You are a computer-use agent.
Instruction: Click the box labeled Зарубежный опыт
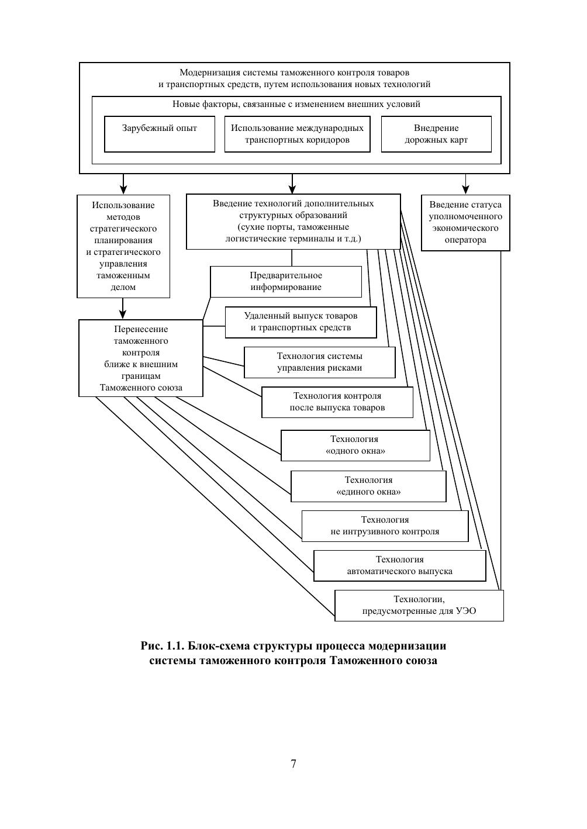160,134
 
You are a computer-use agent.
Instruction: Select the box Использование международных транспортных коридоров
297,134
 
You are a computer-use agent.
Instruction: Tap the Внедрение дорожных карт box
436,134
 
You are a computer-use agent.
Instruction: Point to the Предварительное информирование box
286,281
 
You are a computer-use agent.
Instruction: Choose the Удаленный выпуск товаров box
301,322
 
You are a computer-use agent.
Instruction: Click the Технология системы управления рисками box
319,362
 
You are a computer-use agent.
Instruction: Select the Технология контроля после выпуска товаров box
337,402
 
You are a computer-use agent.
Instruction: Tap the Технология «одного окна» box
355,445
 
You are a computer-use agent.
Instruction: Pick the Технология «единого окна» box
368,486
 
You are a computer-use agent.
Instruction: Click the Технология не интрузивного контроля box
385,526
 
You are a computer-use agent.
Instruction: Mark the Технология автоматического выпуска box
399,565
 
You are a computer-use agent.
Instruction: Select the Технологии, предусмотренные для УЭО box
419,605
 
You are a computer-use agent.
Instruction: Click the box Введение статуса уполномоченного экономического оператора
465,222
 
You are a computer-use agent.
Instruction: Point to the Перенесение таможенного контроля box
141,358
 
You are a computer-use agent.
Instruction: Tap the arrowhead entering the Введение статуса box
465,189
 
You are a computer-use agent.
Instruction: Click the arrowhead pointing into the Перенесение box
123,314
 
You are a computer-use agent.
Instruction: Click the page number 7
293,764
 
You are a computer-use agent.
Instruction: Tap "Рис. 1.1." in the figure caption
163,646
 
